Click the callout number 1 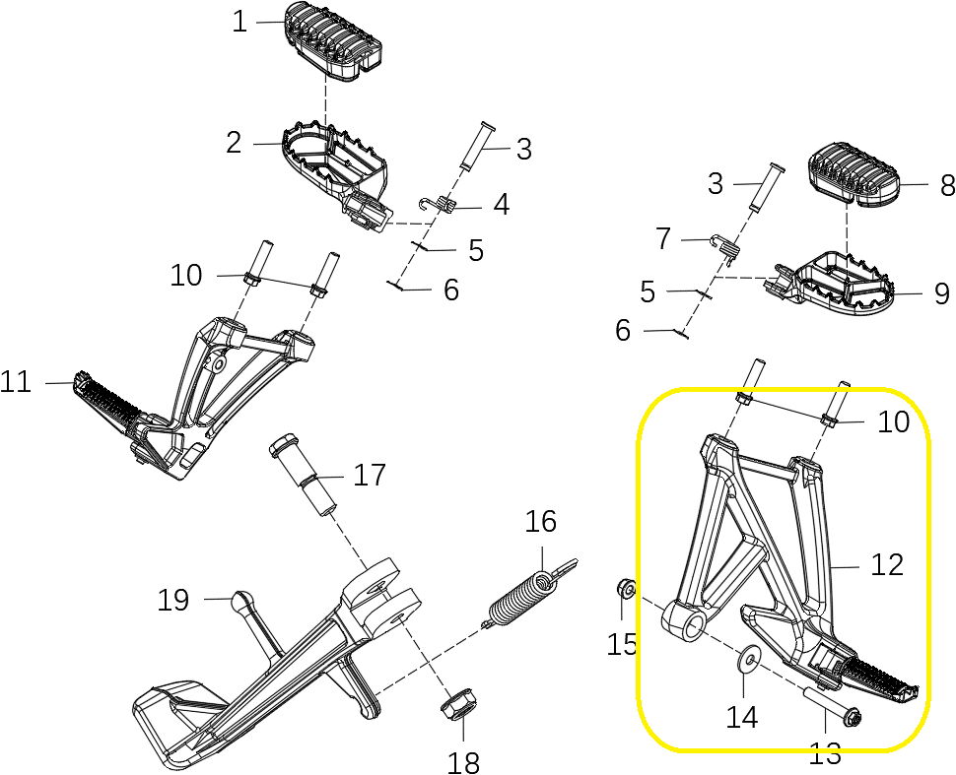click(239, 22)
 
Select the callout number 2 click(234, 144)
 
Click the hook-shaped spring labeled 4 click(438, 205)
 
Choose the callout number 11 click(16, 381)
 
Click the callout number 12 click(886, 564)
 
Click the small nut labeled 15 click(623, 590)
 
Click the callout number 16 click(541, 522)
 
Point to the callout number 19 click(173, 600)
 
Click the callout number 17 click(370, 477)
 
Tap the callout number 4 click(501, 205)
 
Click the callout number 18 click(463, 761)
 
